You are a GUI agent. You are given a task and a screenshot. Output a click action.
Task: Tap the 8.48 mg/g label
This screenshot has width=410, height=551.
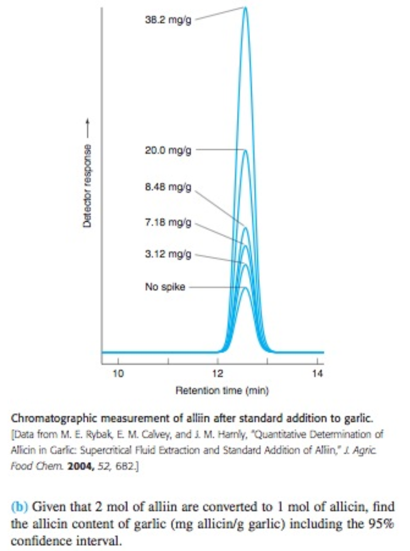pos(168,188)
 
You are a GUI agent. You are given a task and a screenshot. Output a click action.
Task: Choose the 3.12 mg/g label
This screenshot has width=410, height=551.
pos(168,254)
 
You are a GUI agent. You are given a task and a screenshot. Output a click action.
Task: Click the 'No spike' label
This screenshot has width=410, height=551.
pos(165,287)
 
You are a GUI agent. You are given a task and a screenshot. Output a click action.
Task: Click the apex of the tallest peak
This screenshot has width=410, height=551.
pos(246,8)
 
